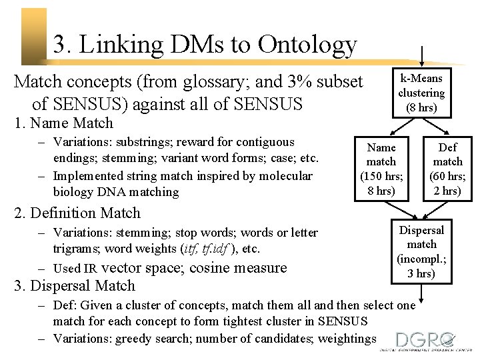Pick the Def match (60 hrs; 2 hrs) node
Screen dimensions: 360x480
448,169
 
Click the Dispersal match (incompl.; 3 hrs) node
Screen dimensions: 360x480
421,252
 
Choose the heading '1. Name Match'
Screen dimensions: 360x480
64,123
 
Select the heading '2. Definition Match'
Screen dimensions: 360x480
77,213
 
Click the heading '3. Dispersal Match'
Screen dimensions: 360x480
75,286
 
